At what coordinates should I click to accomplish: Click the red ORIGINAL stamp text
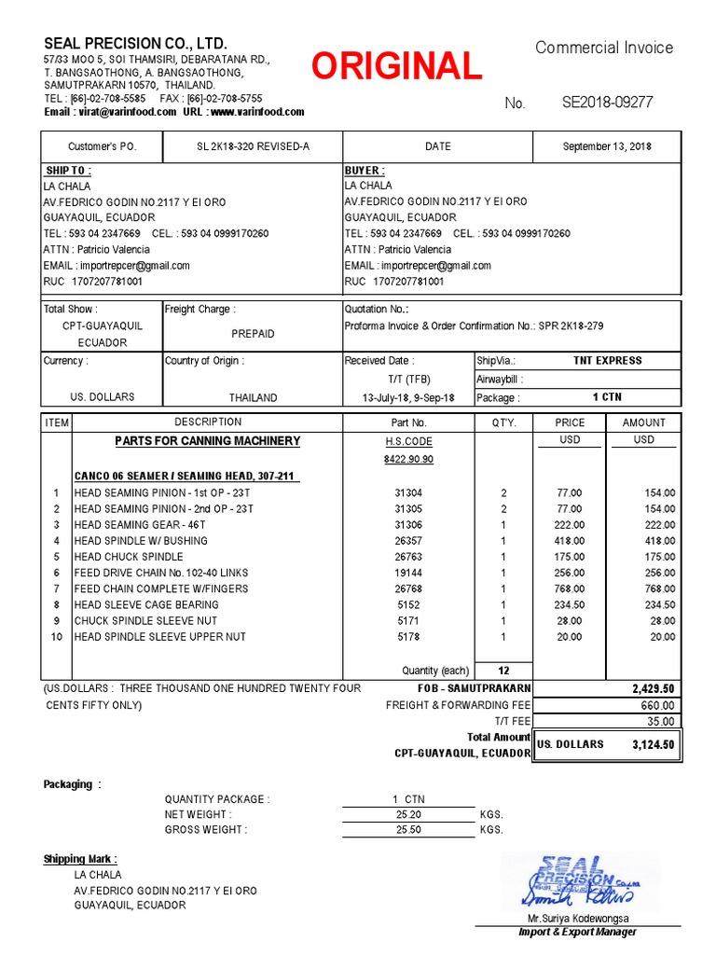point(396,66)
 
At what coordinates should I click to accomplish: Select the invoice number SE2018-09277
point(607,103)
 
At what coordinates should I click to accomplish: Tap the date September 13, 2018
point(607,146)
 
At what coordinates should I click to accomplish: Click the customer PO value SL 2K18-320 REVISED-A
point(253,146)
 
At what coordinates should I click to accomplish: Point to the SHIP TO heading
point(69,171)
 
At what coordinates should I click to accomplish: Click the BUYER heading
point(365,171)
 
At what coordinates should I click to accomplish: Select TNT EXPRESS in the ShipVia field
point(607,360)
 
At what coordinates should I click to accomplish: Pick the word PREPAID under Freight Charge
point(253,333)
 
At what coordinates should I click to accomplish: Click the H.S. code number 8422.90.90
point(408,459)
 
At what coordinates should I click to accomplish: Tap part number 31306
point(408,525)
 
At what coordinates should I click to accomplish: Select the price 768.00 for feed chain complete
point(570,588)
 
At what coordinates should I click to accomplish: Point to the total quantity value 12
point(503,671)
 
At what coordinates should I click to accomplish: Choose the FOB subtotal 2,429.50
point(653,688)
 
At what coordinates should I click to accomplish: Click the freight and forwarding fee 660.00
point(658,705)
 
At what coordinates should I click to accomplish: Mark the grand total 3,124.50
point(653,744)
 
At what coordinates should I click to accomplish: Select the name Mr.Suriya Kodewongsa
point(578,919)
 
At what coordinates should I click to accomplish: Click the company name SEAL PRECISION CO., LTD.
point(135,44)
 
